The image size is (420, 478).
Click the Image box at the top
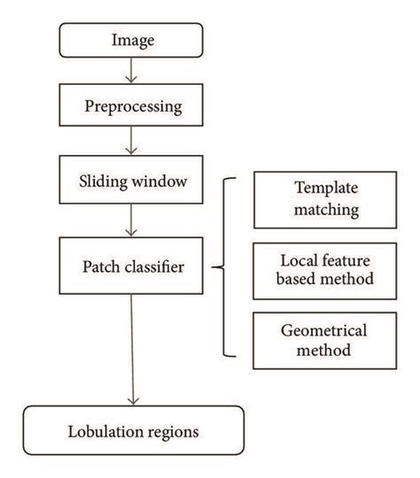[x=131, y=40]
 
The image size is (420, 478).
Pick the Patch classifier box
[x=131, y=264]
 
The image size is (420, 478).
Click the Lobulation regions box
[x=131, y=433]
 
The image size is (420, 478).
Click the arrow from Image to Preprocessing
[x=131, y=70]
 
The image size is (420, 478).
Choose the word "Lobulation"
[x=105, y=433]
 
